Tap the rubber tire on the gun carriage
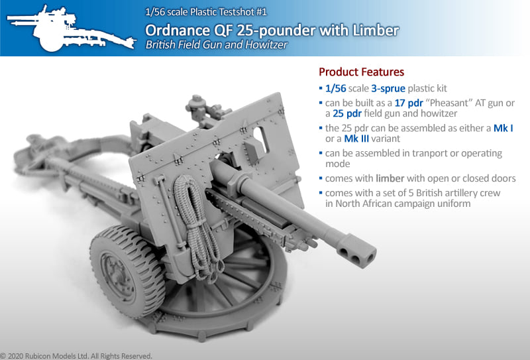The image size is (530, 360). [x=127, y=270]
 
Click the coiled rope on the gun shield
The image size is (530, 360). [x=197, y=227]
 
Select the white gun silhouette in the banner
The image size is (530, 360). [x=71, y=29]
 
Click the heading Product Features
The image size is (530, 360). [x=361, y=72]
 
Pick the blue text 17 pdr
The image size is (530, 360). [x=409, y=103]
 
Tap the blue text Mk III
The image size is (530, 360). [x=356, y=139]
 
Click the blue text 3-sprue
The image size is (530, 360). [x=388, y=88]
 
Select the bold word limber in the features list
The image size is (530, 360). [x=390, y=178]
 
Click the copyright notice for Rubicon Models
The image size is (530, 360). [x=76, y=356]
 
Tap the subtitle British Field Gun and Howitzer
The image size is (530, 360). [x=217, y=44]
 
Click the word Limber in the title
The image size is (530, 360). [x=376, y=30]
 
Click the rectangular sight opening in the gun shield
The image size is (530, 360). [x=261, y=139]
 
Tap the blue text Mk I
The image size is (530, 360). [x=503, y=128]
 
